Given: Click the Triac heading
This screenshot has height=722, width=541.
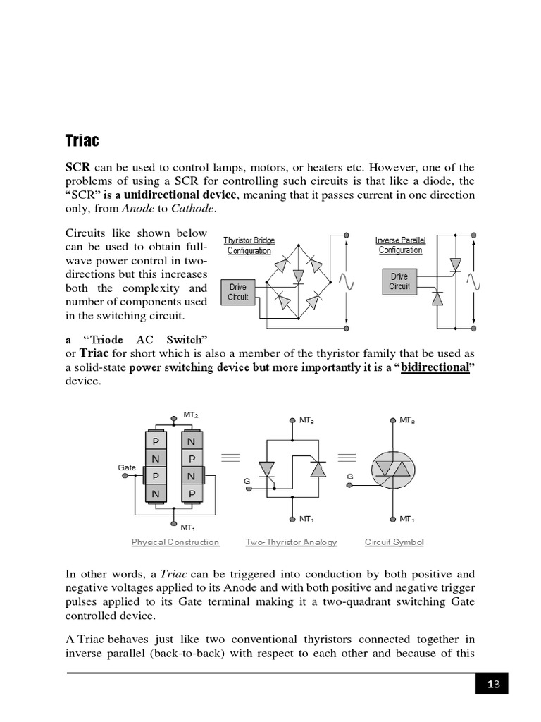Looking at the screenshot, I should (x=82, y=140).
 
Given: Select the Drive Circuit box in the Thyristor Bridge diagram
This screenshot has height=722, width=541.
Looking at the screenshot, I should (x=237, y=293).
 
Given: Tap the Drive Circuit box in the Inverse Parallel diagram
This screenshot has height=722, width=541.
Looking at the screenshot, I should (x=399, y=281).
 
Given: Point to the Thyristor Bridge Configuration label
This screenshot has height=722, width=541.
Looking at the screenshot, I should (x=249, y=245).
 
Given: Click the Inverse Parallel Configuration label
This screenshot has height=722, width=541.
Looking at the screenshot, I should (x=400, y=245).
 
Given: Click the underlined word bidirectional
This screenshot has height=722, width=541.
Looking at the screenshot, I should (x=435, y=367).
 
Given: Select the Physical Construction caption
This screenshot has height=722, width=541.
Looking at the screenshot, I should (x=175, y=542).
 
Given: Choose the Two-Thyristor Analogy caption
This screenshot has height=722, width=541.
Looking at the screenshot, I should (x=291, y=542).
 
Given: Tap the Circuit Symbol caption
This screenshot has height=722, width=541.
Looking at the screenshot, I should (x=394, y=542).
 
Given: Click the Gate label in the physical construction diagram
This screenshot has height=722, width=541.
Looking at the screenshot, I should (x=127, y=467).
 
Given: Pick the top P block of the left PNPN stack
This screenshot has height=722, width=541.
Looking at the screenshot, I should (x=156, y=442).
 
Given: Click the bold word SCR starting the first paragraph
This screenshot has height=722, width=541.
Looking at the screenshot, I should (x=77, y=168).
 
